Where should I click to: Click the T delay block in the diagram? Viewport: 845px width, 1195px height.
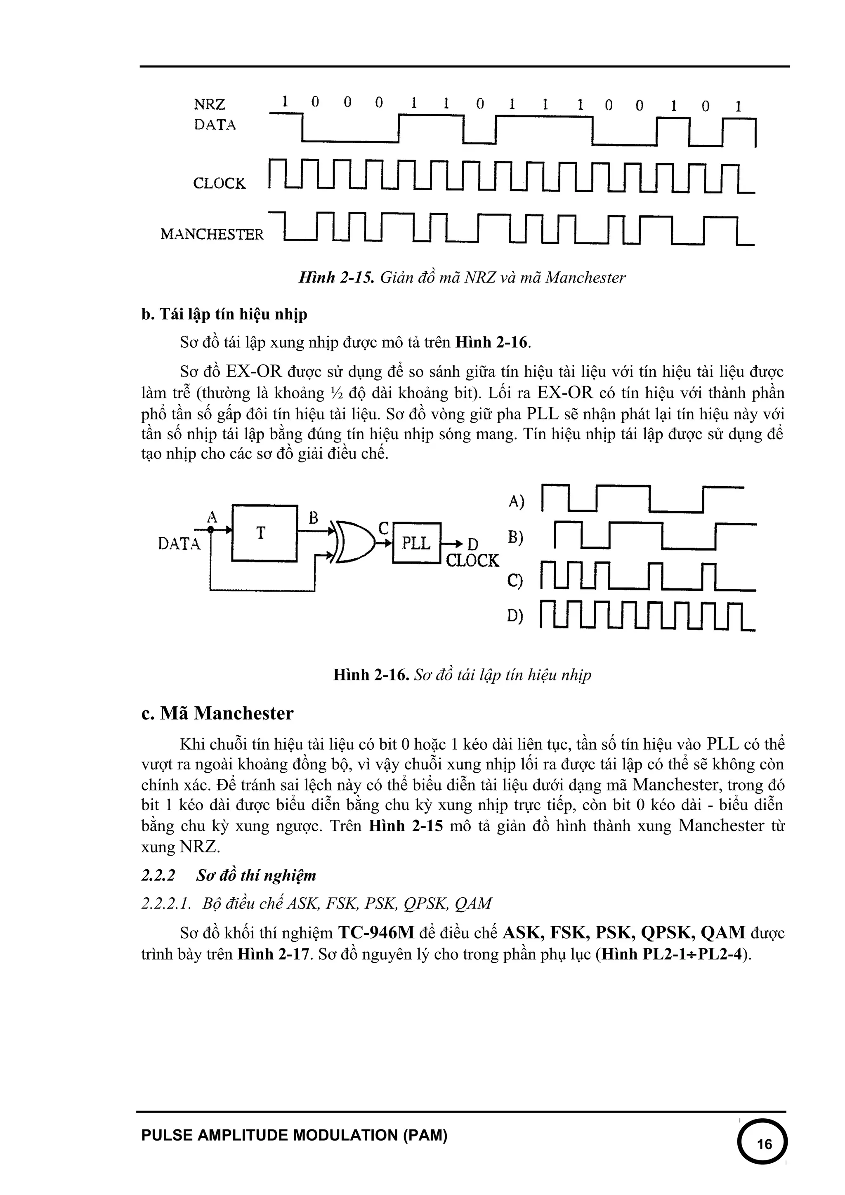coord(264,532)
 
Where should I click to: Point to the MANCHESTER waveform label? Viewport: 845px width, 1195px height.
coord(212,234)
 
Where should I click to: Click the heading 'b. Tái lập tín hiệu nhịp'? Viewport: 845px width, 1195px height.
coord(224,314)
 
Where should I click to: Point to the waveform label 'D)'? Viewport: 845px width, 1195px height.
coord(515,616)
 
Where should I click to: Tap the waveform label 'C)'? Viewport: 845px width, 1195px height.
coord(515,580)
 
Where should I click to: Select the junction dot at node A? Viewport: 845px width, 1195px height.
coord(211,530)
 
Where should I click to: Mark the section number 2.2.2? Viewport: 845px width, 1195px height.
coord(158,875)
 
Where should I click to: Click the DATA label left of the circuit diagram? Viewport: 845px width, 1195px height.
coord(179,544)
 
